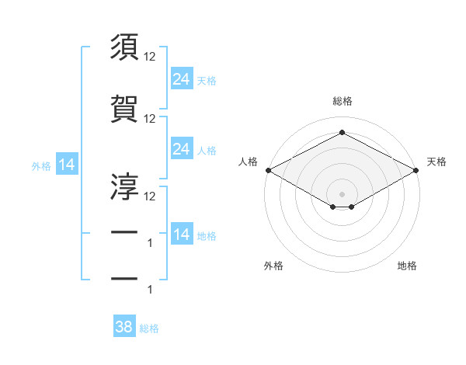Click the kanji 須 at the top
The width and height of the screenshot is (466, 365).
[124, 47]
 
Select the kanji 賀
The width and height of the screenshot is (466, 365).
[124, 109]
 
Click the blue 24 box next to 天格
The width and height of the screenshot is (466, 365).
[181, 78]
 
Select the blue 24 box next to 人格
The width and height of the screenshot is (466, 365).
[181, 148]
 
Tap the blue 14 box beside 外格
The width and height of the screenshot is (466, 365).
[66, 165]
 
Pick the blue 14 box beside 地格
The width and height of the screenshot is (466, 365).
[181, 235]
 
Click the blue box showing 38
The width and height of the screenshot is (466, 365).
[123, 327]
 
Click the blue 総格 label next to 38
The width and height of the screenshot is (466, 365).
[149, 328]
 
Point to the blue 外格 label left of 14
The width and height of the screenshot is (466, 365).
[41, 165]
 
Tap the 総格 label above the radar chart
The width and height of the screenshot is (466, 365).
[342, 101]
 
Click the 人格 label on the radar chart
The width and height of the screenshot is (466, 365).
[249, 162]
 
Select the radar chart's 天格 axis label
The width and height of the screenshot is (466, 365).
[436, 162]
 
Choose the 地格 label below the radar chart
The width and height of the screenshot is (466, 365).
[407, 266]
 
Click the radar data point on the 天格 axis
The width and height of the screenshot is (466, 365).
[416, 170]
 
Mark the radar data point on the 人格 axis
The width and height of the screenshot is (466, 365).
[268, 170]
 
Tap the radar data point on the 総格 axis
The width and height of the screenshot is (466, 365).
[342, 133]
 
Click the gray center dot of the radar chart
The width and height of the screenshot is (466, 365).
[342, 193]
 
